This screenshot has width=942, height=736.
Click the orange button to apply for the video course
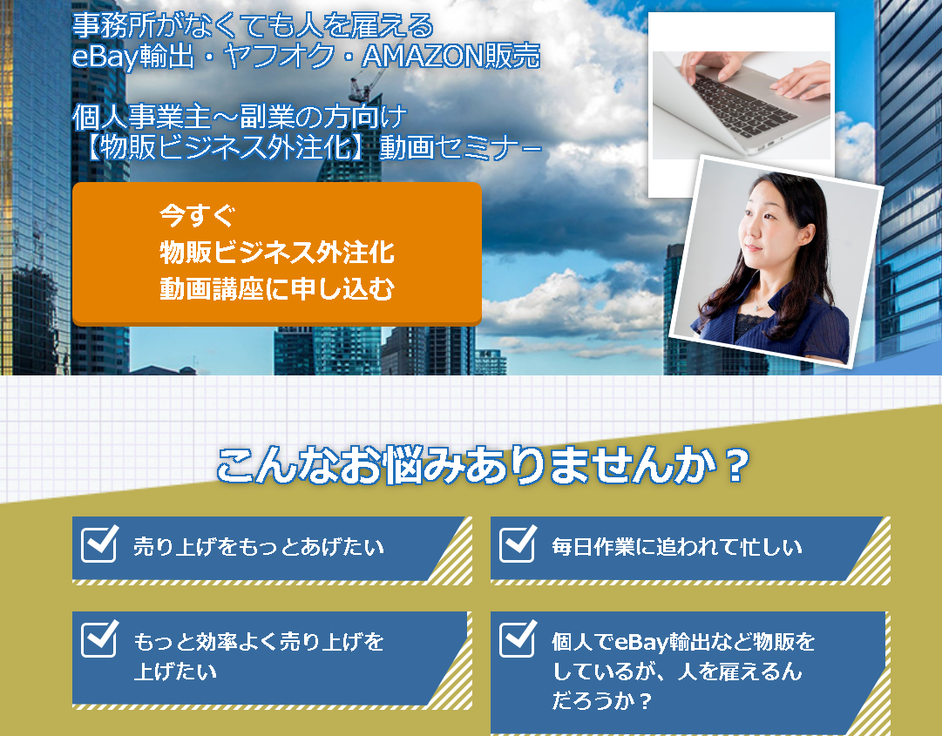tap(276, 253)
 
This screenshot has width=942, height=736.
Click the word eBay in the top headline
tap(105, 57)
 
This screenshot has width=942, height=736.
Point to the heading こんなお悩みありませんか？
tap(483, 465)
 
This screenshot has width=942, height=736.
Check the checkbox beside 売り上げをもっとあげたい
tap(99, 544)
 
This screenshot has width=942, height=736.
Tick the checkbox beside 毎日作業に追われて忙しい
tap(518, 544)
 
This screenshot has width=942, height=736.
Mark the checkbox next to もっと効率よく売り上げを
tap(99, 638)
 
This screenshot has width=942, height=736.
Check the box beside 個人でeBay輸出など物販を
tap(518, 638)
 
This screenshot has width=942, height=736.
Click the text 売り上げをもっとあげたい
tap(258, 547)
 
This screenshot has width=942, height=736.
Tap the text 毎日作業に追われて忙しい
tap(677, 547)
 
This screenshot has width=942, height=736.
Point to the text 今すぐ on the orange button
tap(197, 215)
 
